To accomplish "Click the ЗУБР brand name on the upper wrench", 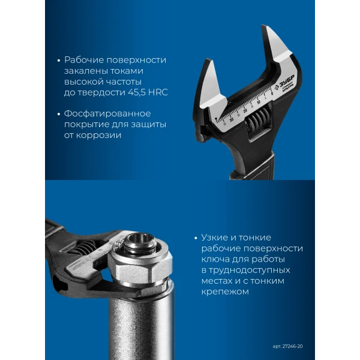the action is pos(287,82).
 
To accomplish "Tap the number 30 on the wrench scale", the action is pos(232,119).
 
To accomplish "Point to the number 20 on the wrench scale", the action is pos(245,110).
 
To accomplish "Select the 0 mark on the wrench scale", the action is pos(272,94).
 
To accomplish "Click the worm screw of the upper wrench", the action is pos(257,120).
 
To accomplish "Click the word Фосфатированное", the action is pos(107,113).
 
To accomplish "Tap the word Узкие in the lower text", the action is pos(215,238).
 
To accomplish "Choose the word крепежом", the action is pos(225,292).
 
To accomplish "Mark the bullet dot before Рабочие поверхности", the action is pos(59,61).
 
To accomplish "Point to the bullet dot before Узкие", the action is pos(196,238).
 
